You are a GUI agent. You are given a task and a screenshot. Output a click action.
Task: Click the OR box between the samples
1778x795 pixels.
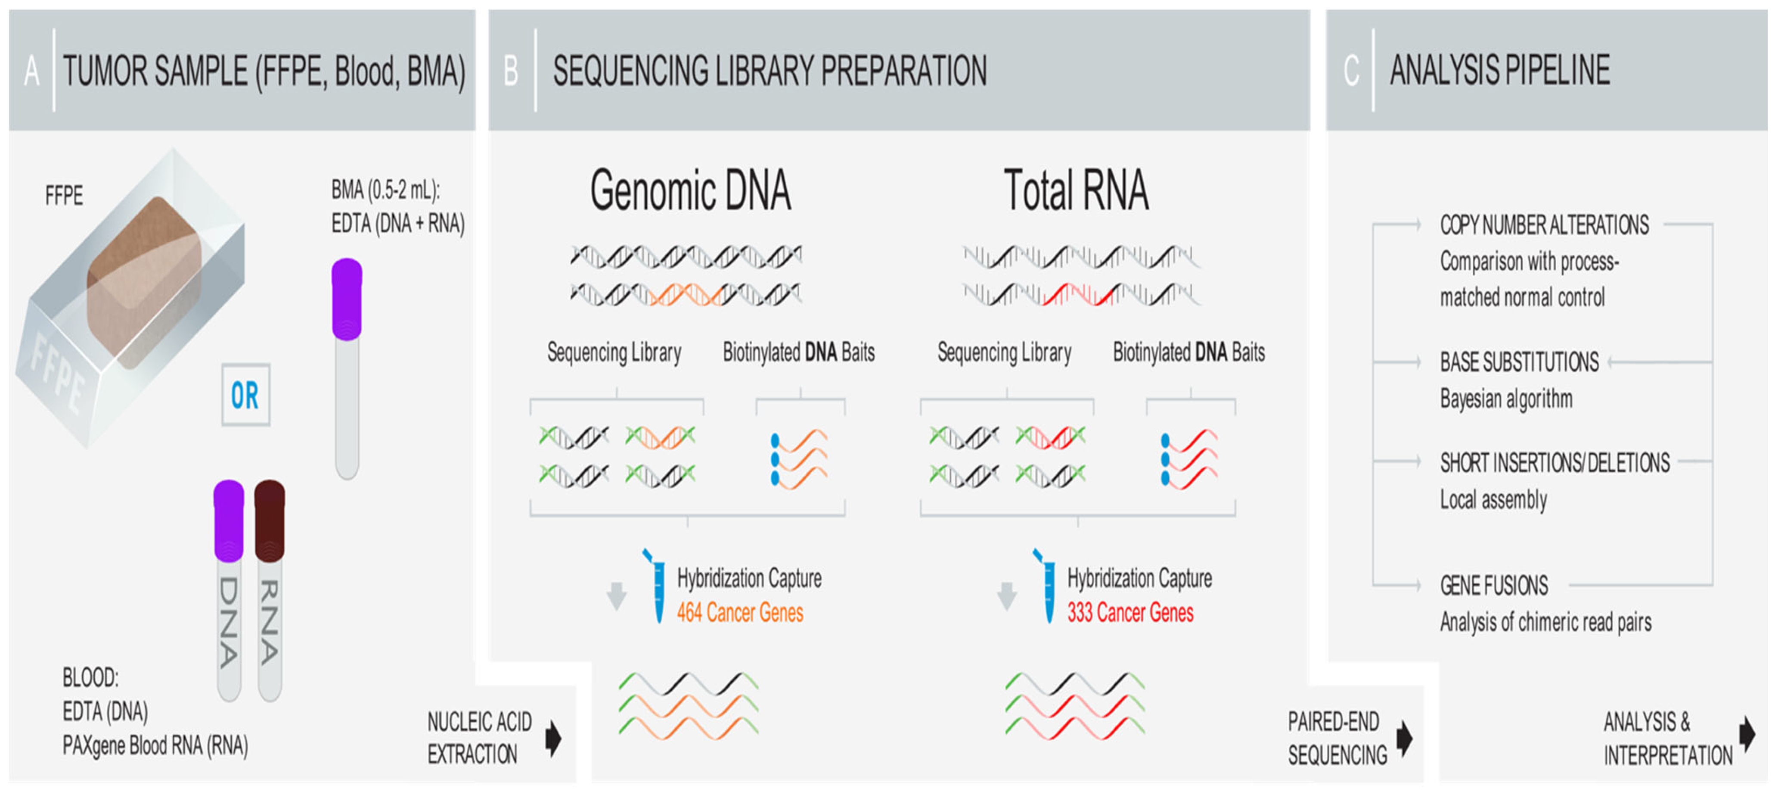point(245,395)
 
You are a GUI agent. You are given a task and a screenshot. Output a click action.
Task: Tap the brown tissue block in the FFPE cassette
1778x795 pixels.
point(143,280)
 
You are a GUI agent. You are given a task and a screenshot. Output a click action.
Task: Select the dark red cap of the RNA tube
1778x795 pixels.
point(269,519)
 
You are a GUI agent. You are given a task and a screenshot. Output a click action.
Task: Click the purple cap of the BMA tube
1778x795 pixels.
point(347,298)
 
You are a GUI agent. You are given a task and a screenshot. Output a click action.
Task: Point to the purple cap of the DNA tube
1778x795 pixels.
point(229,519)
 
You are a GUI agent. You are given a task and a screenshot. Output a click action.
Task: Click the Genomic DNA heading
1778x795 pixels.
point(690,190)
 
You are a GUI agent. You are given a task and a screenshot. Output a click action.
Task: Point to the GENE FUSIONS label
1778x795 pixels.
point(1494,586)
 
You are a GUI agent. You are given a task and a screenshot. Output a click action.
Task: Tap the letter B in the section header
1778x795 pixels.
point(511,71)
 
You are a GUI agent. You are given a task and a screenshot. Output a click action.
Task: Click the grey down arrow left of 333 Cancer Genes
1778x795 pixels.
point(1007,595)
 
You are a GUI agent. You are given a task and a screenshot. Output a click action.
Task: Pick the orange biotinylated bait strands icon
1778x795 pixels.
point(800,458)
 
